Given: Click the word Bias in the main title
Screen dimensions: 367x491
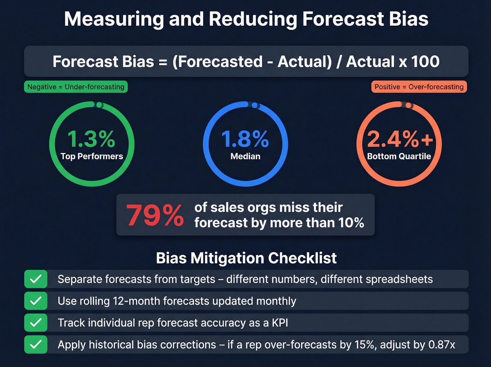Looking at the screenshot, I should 409,19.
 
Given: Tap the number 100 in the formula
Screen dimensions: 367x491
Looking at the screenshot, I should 425,62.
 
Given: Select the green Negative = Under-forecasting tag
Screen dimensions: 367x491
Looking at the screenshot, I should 76,87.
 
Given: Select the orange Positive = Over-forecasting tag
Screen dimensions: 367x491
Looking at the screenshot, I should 419,87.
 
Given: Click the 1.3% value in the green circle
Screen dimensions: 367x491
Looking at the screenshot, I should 91,139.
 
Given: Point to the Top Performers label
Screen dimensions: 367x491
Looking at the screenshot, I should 92,156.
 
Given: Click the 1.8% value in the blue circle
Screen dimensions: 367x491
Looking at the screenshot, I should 245,139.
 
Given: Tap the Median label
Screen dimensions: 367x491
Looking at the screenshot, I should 245,156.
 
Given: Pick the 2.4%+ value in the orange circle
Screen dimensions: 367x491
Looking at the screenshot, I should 400,139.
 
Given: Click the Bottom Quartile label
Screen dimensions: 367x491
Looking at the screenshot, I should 399,156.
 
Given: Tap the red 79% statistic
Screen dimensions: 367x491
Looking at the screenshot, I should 155,215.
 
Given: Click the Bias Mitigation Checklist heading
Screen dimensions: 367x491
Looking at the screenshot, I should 246,258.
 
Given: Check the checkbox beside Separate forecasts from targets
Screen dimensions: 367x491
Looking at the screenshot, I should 36,279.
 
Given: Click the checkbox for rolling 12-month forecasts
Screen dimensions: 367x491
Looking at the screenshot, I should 36,301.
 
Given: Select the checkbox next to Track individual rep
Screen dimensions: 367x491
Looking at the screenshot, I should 36,323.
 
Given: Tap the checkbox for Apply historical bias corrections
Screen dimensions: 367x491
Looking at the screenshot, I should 36,345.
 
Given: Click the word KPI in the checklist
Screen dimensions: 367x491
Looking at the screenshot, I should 280,323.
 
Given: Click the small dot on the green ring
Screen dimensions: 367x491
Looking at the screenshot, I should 99,105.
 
